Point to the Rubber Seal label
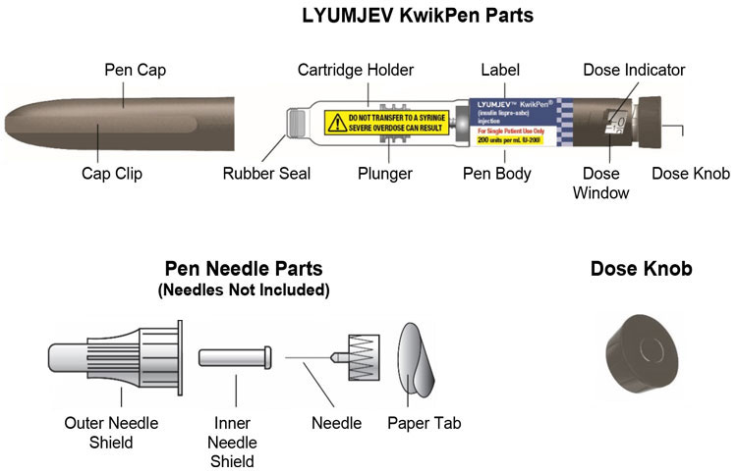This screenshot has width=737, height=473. pyautogui.click(x=266, y=175)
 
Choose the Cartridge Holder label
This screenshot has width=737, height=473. pyautogui.click(x=357, y=71)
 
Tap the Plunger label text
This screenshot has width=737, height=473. pyautogui.click(x=385, y=175)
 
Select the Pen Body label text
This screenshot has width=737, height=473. pyautogui.click(x=497, y=175)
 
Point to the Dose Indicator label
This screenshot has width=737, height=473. pyautogui.click(x=634, y=71)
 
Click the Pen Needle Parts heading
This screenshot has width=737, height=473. pyautogui.click(x=244, y=268)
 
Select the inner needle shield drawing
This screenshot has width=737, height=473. pyautogui.click(x=236, y=357)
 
